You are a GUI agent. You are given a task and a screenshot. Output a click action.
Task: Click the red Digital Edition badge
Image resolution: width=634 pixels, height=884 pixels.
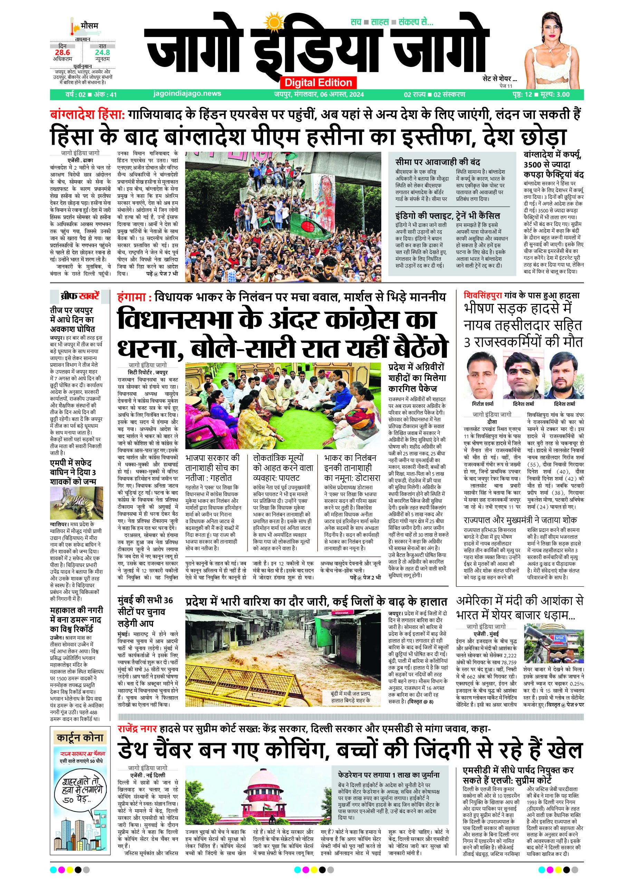point(318,82)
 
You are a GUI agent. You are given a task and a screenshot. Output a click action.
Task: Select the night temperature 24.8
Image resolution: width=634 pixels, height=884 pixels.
point(102,52)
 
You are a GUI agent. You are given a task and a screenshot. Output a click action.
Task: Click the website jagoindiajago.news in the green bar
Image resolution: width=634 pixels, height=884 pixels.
point(188,94)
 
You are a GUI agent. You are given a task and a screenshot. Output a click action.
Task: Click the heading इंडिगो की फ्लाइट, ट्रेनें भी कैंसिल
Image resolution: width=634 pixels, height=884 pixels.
point(447,215)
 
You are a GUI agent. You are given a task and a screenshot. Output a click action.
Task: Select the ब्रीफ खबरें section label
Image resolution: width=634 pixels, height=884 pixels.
point(80,297)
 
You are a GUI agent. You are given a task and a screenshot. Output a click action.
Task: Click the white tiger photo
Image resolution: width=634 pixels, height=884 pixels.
point(76,503)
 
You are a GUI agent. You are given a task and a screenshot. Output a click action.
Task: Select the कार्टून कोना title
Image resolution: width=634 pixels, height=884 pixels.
point(80,738)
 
